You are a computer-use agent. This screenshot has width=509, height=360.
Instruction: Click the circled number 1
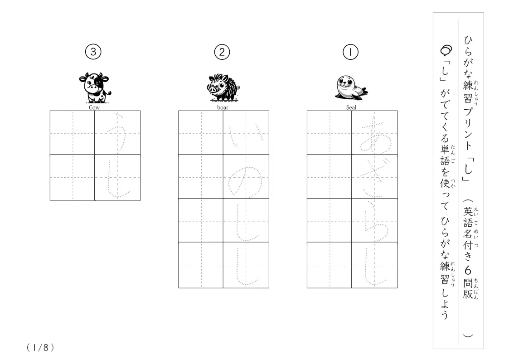coord(350,52)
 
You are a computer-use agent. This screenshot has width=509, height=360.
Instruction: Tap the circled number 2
coord(222,52)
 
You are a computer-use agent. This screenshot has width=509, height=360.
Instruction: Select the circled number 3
coord(93,52)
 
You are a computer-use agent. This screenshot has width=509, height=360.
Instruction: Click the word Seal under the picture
coord(351,108)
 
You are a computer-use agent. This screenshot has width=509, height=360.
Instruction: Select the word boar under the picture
coord(223,108)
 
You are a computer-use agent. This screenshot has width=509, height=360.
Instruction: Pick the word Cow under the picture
coord(94,108)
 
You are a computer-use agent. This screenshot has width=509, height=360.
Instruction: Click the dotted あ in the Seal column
coord(374,133)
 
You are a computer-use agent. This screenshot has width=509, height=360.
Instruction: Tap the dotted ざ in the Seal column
coord(374,177)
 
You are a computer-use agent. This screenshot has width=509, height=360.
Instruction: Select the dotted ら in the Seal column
coord(374,220)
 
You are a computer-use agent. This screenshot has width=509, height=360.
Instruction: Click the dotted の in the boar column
coord(245,177)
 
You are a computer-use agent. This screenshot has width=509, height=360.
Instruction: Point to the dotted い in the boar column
coord(245,133)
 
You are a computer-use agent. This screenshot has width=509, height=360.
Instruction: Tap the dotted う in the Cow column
coord(117,133)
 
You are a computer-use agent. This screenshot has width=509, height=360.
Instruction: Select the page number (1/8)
coord(40,347)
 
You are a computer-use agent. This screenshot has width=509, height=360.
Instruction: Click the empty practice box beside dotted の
coord(201,177)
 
